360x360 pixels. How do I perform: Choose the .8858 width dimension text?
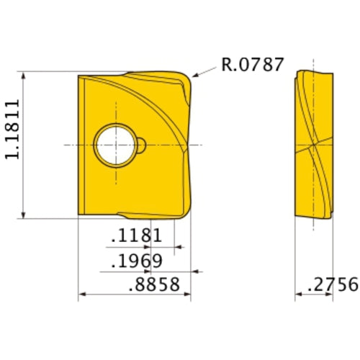point(152,284)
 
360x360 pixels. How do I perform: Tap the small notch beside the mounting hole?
point(143,145)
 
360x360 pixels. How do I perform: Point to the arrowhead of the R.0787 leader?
point(195,76)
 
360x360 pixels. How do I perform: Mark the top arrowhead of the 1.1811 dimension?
point(25,75)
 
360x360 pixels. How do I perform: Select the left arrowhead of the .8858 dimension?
point(81,294)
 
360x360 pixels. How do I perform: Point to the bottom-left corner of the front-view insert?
point(78,214)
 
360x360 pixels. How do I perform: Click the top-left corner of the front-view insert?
point(78,75)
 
